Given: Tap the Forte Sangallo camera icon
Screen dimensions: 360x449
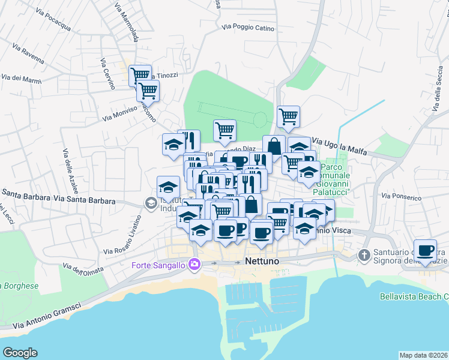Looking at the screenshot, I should tap(194, 264).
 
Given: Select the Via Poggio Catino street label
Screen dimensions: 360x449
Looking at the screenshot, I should tap(248, 28).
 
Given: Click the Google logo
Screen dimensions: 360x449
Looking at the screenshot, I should tap(20, 352).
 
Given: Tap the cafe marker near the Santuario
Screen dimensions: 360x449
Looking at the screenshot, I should tap(425, 251).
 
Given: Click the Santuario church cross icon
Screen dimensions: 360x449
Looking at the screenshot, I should tap(364, 256).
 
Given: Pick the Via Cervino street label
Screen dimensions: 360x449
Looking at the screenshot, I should tap(107, 74).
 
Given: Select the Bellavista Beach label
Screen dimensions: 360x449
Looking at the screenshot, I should tap(414, 296).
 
